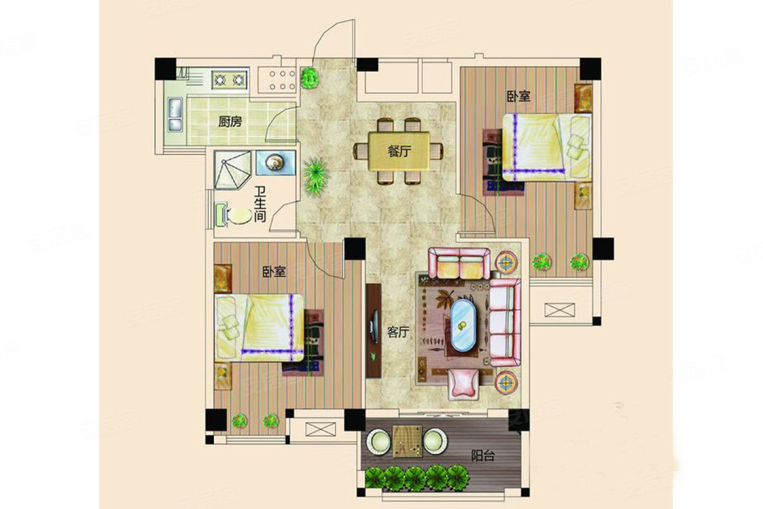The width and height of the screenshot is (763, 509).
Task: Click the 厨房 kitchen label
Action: [x=230, y=122]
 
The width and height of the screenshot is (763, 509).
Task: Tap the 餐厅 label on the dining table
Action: [x=399, y=151]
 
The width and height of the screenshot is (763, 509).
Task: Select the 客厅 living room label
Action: [x=398, y=332]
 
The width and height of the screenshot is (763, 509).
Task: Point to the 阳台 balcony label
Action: [x=483, y=455]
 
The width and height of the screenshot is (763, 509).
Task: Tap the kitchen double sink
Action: [x=175, y=115]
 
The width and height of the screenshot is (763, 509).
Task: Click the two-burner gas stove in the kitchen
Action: [x=230, y=79]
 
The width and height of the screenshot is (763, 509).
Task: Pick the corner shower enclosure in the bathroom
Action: [x=233, y=170]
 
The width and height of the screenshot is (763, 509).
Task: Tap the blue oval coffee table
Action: [x=463, y=325]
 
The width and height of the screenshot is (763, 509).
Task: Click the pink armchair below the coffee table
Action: [x=463, y=383]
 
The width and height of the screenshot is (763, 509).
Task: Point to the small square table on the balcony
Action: [x=408, y=441]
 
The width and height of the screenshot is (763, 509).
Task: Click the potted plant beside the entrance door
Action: [x=309, y=78]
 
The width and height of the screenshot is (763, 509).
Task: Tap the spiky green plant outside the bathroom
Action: [x=316, y=176]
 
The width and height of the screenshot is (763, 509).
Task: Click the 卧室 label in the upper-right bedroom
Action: [x=519, y=96]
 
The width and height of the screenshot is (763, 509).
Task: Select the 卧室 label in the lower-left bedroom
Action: [x=274, y=271]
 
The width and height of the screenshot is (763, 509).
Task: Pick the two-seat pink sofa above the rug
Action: [x=459, y=263]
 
